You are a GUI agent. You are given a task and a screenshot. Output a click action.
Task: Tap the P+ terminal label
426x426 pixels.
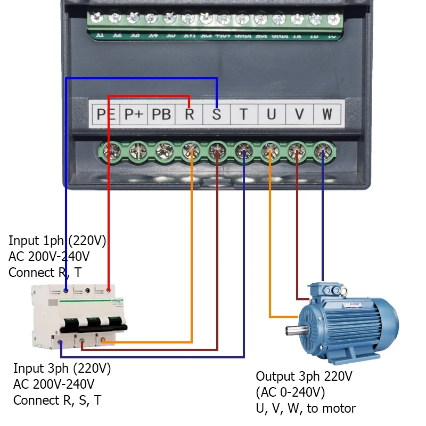pos(134,114)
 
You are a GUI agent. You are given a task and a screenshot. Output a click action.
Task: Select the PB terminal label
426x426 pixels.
pos(161,114)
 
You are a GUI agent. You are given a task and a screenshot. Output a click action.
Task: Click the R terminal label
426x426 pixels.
pos(189,114)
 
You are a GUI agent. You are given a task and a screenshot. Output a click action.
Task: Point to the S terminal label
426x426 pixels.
pos(216,114)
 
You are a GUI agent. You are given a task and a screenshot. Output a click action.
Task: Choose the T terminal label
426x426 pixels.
pos(243,114)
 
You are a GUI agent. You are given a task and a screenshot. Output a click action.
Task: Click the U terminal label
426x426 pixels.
pos(271,114)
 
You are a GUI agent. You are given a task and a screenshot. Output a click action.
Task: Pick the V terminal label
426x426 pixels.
pos(299,114)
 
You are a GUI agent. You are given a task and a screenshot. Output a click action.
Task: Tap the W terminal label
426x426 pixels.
pos(326,114)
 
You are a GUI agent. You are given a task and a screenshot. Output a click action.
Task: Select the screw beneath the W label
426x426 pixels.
pos(323,153)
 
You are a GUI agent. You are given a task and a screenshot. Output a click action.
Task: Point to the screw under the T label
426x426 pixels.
pos(243,153)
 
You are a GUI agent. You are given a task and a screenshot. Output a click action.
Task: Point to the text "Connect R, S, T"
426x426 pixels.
pos(57,400)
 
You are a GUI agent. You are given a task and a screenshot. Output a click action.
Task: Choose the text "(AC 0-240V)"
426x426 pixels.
pos(290,392)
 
